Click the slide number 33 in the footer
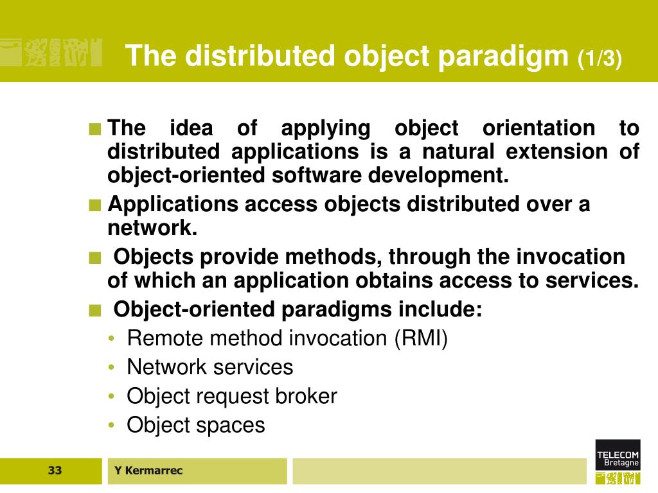pyautogui.click(x=55, y=471)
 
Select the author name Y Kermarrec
pyautogui.click(x=148, y=471)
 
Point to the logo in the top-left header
pyautogui.click(x=51, y=52)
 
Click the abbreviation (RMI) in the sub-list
pyautogui.click(x=421, y=338)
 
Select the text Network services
pyautogui.click(x=209, y=367)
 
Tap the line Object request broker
pyautogui.click(x=231, y=396)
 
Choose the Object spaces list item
pyautogui.click(x=195, y=425)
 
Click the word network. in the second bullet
pyautogui.click(x=152, y=228)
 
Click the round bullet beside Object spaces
pyautogui.click(x=112, y=426)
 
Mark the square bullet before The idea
pyautogui.click(x=95, y=128)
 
